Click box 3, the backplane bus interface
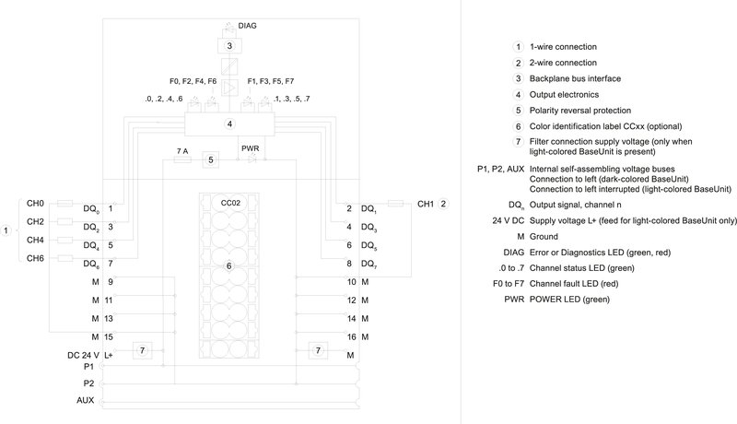pos(228,45)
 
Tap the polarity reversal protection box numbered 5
pos(211,160)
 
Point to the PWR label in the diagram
pos(250,147)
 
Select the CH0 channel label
pos(35,204)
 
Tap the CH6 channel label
pos(35,259)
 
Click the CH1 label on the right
pos(427,204)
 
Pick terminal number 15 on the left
pos(110,336)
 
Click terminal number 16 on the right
pos(351,336)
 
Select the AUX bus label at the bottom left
pos(85,401)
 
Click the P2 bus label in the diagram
pos(88,383)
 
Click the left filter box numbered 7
pos(142,350)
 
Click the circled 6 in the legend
pos(519,125)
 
